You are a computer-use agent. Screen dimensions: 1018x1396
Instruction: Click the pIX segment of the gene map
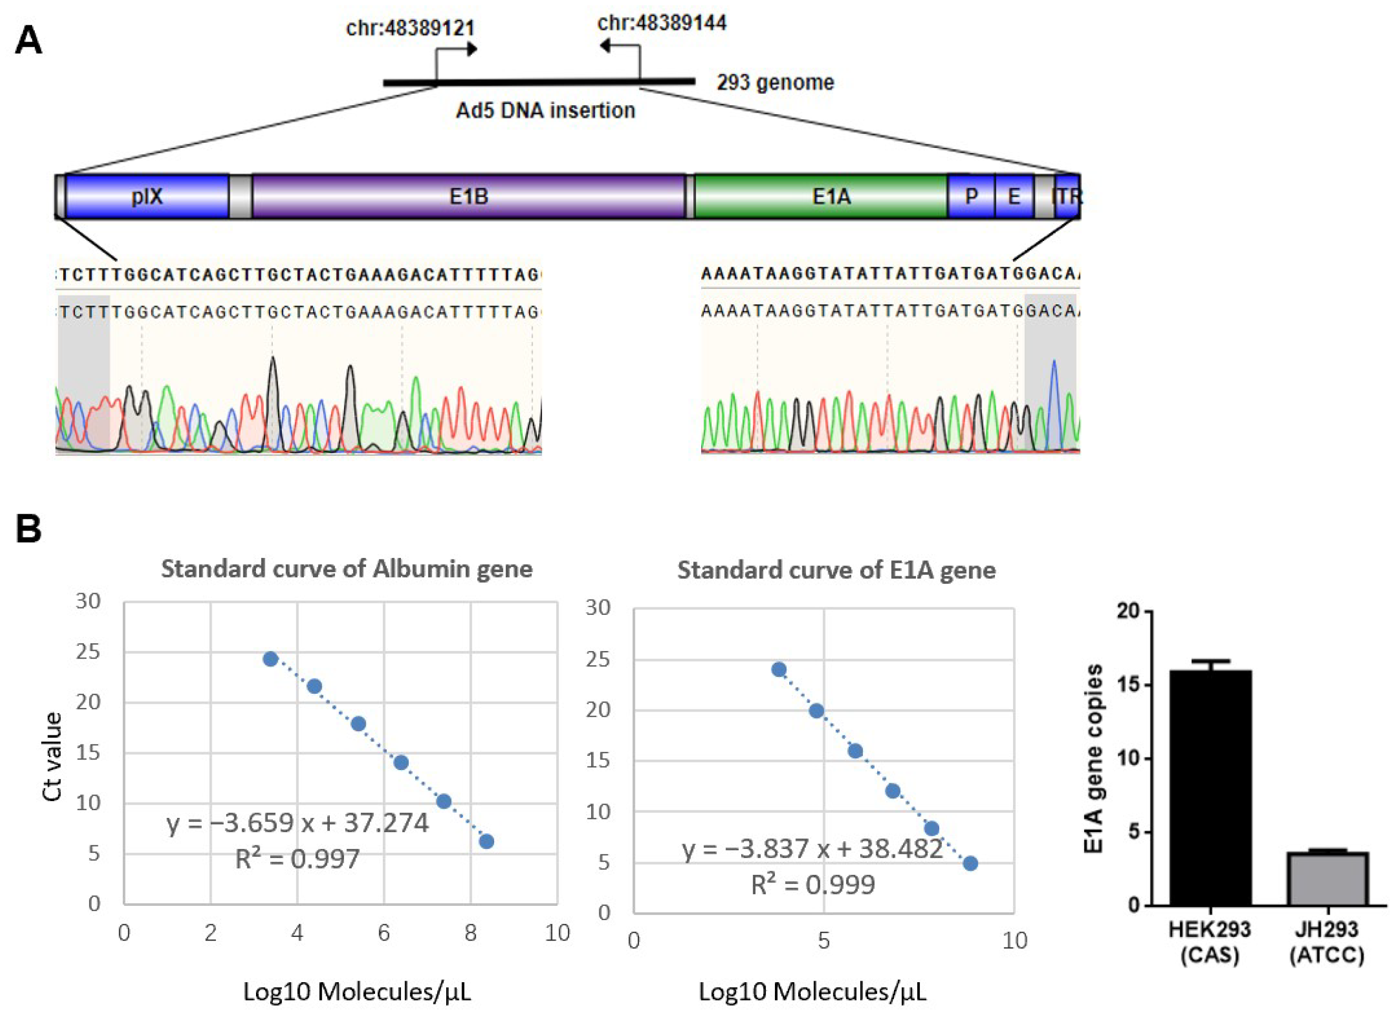pyautogui.click(x=147, y=196)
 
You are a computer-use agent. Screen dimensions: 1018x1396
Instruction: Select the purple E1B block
pyautogui.click(x=469, y=196)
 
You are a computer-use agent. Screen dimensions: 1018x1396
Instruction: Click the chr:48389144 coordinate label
pyautogui.click(x=662, y=23)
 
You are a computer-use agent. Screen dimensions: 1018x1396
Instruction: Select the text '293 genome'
pyautogui.click(x=774, y=82)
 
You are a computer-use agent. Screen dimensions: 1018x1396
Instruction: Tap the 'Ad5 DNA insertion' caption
pyautogui.click(x=545, y=111)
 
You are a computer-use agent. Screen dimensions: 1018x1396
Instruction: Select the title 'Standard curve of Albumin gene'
pyautogui.click(x=347, y=569)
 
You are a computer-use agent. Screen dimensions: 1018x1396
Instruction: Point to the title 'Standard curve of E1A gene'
pyautogui.click(x=836, y=570)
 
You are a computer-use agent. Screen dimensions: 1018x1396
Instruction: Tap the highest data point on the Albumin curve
pyautogui.click(x=270, y=658)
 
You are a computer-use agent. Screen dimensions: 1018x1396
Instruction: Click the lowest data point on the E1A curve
pyautogui.click(x=970, y=863)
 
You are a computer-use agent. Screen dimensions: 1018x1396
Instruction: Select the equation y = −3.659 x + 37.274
pyautogui.click(x=297, y=823)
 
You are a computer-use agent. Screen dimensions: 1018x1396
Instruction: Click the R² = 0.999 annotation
pyautogui.click(x=813, y=885)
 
